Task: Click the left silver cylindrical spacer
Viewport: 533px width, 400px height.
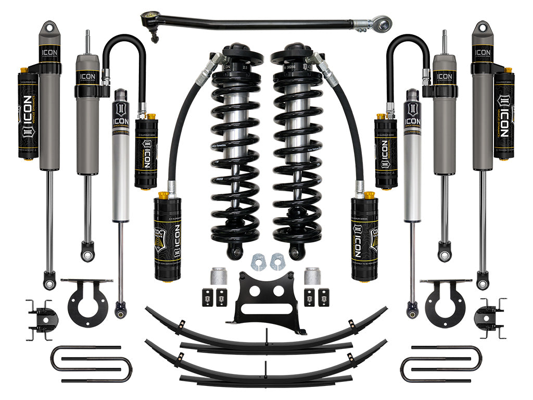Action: click(x=218, y=277)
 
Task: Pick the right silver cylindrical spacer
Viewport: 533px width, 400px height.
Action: click(x=311, y=277)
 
